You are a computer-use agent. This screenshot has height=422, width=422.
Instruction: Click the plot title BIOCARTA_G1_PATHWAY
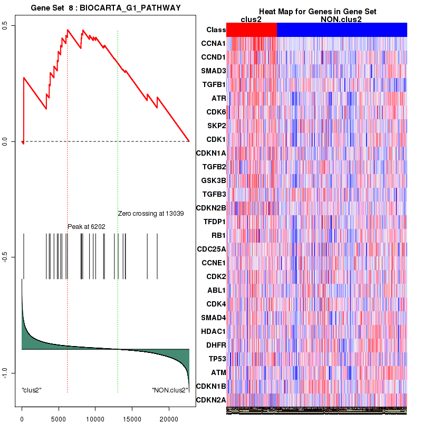pos(105,8)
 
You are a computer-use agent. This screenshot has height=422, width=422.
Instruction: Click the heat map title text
pos(317,12)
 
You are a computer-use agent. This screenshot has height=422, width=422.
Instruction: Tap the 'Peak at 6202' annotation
pos(87,226)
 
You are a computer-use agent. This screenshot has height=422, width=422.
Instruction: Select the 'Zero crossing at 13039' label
pos(150,214)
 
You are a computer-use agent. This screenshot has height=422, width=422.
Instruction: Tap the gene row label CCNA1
pos(213,43)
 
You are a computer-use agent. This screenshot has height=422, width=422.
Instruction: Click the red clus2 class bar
pos(251,30)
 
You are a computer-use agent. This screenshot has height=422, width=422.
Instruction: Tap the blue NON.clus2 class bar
pos(342,30)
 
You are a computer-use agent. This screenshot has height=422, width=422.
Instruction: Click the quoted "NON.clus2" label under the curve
pos(170,390)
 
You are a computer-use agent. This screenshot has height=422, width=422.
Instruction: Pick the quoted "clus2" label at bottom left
pos(32,390)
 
